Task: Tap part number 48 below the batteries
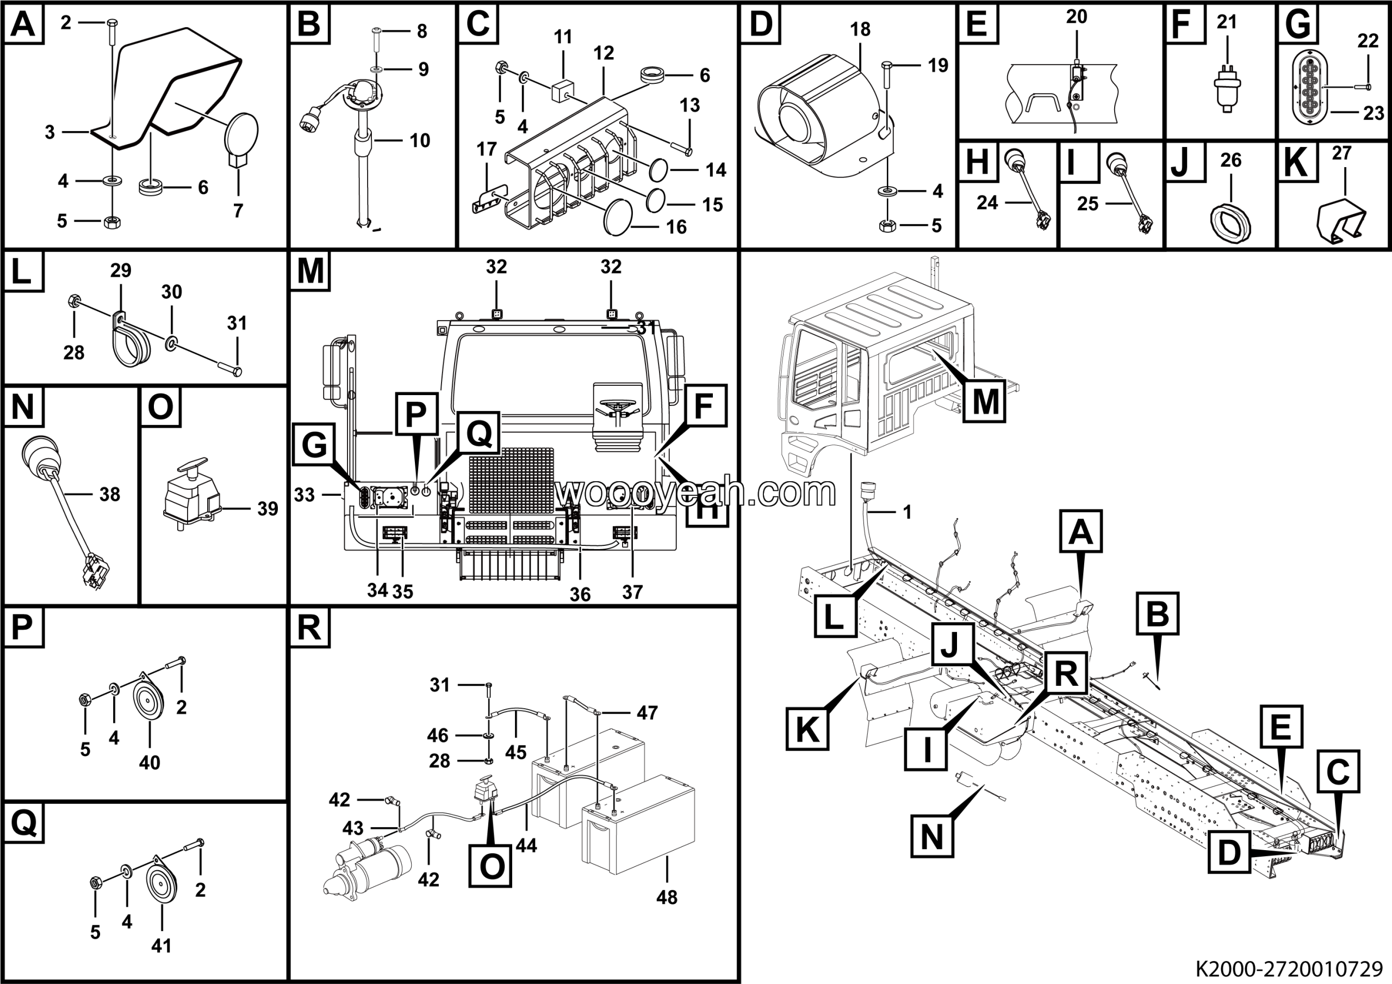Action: pyautogui.click(x=666, y=897)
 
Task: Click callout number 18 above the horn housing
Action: pyautogui.click(x=860, y=29)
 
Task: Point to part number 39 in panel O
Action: pyautogui.click(x=268, y=508)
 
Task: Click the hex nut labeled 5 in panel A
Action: pyautogui.click(x=111, y=222)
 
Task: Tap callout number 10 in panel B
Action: pyautogui.click(x=420, y=141)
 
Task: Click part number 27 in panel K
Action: pyautogui.click(x=1341, y=153)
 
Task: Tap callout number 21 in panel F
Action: pyautogui.click(x=1227, y=22)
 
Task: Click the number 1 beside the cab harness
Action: pyautogui.click(x=907, y=513)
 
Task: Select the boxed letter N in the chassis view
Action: pyautogui.click(x=932, y=838)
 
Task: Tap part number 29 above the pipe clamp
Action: pyautogui.click(x=121, y=270)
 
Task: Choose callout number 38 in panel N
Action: pyautogui.click(x=110, y=494)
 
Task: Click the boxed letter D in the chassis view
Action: pyautogui.click(x=1229, y=853)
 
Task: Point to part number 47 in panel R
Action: pyautogui.click(x=647, y=712)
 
